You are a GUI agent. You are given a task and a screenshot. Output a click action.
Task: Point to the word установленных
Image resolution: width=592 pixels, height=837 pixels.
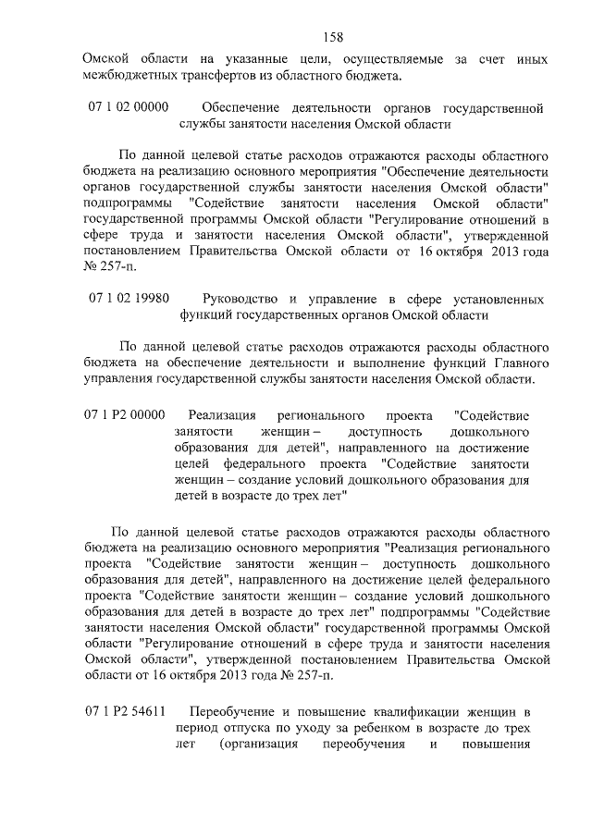point(494,300)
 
